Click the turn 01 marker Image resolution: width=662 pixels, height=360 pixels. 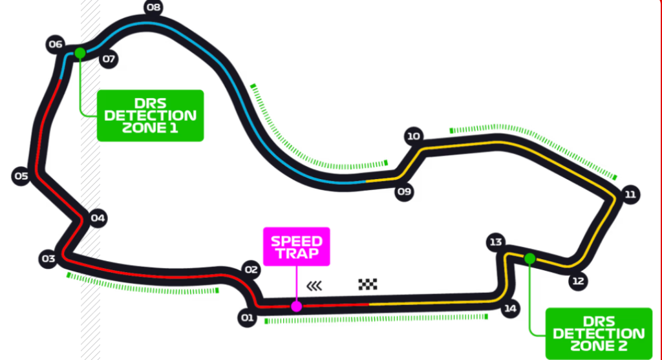tap(246, 317)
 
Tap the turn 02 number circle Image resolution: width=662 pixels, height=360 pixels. tap(251, 269)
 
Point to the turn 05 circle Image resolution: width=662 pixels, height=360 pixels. tap(21, 176)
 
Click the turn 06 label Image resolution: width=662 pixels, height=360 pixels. tap(56, 45)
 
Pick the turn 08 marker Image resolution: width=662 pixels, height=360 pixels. tap(153, 8)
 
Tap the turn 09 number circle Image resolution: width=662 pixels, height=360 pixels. tap(404, 191)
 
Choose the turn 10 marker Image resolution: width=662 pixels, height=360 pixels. tap(414, 136)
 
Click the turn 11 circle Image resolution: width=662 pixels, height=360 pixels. tap(631, 195)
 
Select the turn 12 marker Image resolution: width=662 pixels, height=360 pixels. tap(578, 281)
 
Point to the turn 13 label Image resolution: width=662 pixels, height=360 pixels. tap(496, 242)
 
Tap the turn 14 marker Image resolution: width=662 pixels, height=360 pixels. tap(511, 308)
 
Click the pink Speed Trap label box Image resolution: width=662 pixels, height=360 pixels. tap(296, 246)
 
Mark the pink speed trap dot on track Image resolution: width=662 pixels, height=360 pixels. tap(296, 306)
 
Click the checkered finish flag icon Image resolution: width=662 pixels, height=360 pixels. tap(368, 284)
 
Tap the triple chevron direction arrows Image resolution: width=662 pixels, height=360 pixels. tap(314, 284)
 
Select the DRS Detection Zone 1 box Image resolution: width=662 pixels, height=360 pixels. tap(150, 116)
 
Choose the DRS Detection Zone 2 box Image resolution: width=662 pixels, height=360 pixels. tap(599, 334)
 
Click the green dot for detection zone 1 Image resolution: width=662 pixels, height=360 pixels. tap(80, 53)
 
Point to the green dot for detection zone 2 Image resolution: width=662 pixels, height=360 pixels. tap(530, 259)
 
